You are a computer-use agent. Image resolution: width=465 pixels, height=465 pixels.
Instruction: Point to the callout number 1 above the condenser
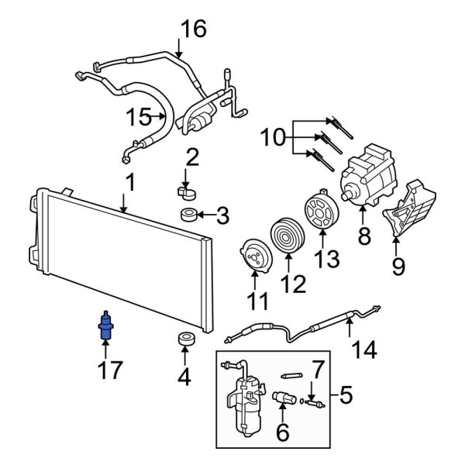coord(130,183)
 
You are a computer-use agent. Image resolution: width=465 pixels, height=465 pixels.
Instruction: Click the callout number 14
coord(363,350)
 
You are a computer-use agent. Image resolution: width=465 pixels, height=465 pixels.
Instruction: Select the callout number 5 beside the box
coord(346,397)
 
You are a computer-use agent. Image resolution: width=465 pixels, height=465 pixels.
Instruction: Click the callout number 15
coord(139,117)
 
